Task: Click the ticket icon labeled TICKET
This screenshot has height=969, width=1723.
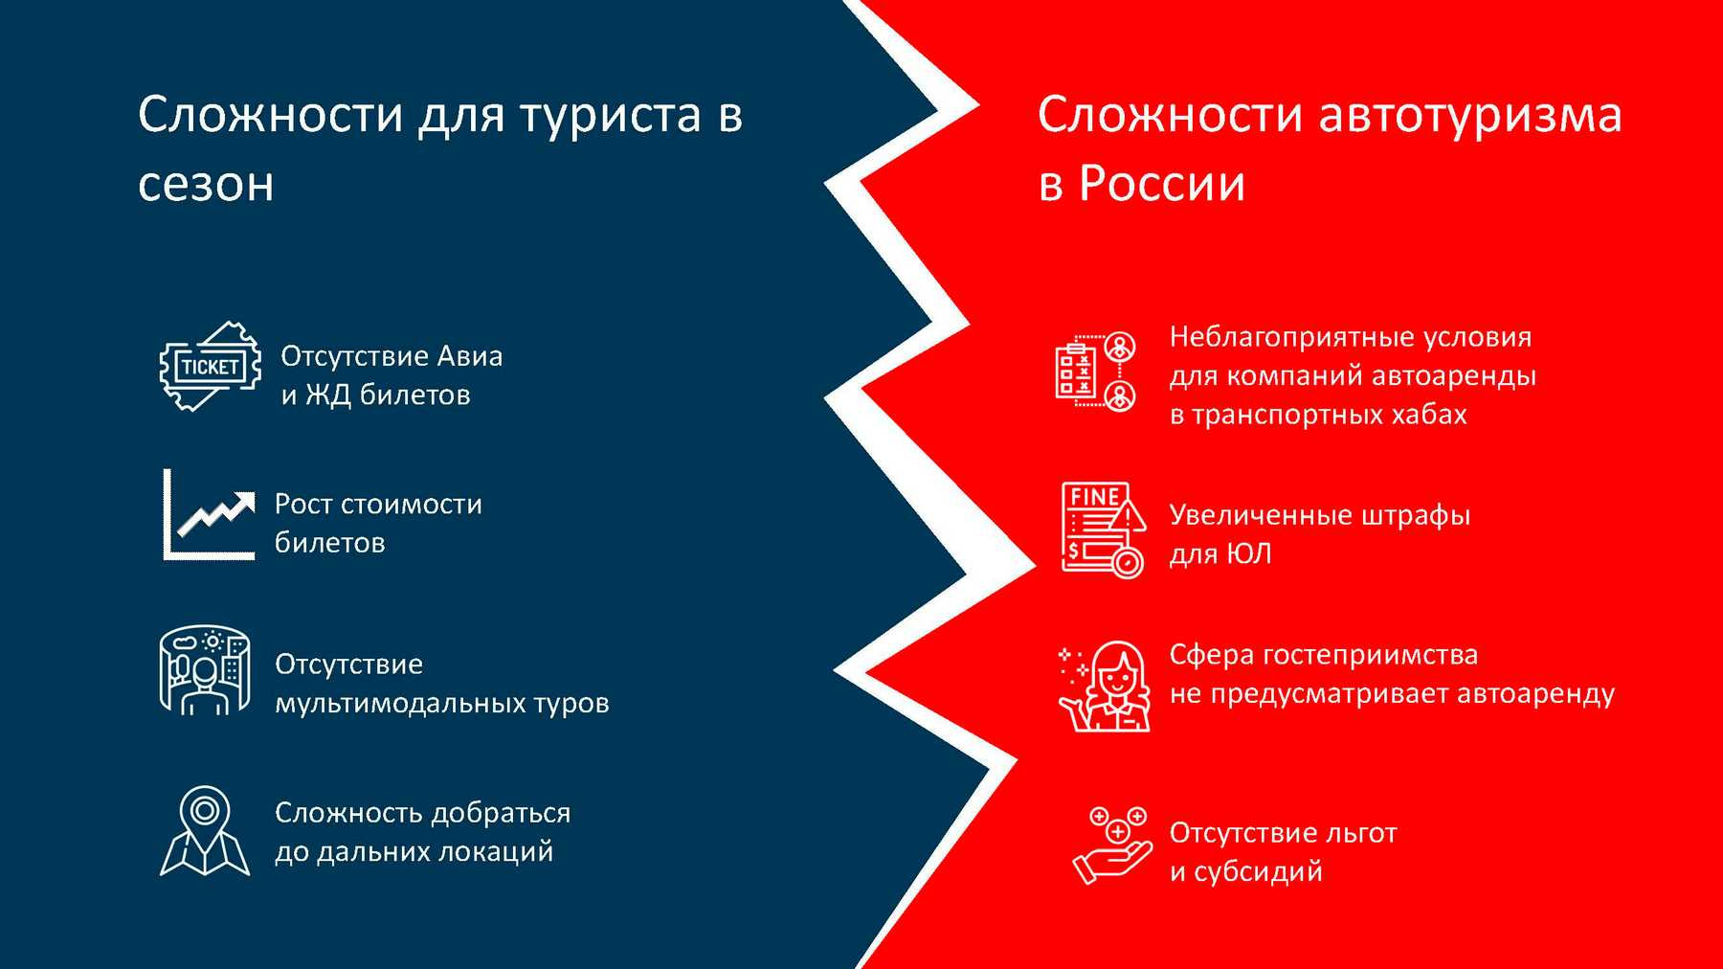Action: pyautogui.click(x=211, y=367)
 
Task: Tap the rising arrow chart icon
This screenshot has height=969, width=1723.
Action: pyautogui.click(x=209, y=514)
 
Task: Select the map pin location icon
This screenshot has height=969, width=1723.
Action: pyautogui.click(x=205, y=831)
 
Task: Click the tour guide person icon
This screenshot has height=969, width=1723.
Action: pyautogui.click(x=204, y=671)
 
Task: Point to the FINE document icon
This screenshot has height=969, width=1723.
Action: pyautogui.click(x=1104, y=530)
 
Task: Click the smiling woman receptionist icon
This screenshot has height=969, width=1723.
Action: pyautogui.click(x=1105, y=687)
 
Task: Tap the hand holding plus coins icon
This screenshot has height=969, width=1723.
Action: pyautogui.click(x=1111, y=846)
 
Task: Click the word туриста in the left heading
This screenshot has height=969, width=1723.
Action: pyautogui.click(x=611, y=115)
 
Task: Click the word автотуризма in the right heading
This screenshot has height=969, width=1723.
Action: pyautogui.click(x=1470, y=115)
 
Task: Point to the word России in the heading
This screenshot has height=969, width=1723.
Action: pyautogui.click(x=1162, y=182)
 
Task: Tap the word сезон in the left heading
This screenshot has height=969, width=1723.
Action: pyautogui.click(x=206, y=184)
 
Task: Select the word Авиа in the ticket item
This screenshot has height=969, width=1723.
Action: pyautogui.click(x=470, y=356)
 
